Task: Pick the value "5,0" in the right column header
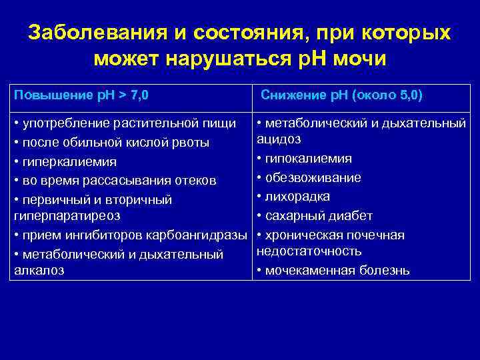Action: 407,95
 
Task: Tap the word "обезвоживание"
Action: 313,178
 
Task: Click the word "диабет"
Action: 351,216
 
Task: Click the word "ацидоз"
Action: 279,139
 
